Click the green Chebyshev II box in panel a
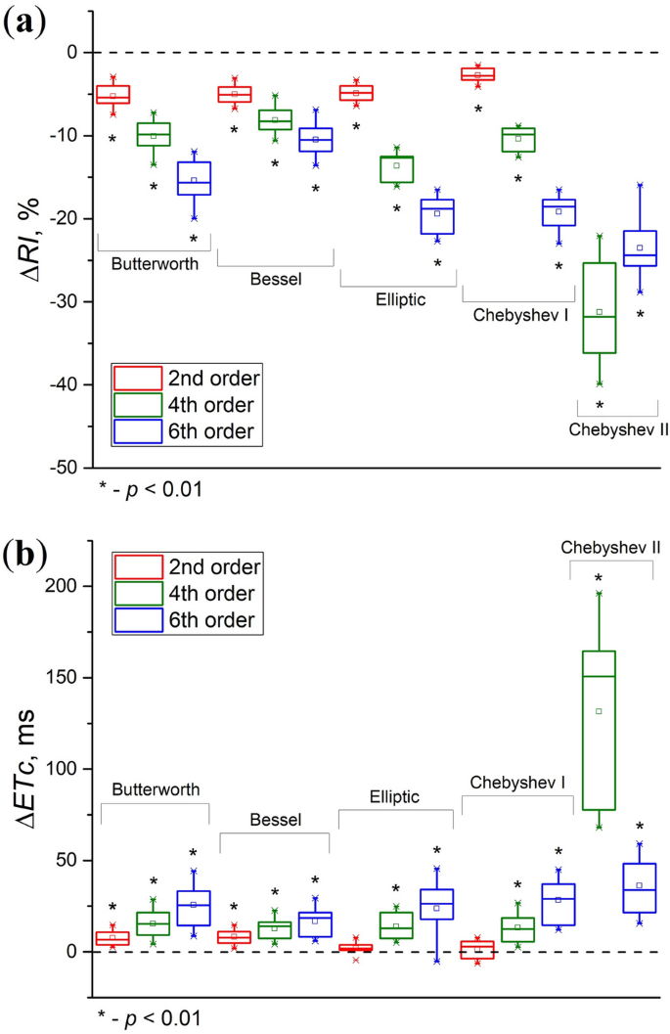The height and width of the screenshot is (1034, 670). click(600, 307)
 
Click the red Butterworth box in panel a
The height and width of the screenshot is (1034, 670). click(112, 94)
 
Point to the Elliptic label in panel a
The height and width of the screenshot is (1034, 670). click(399, 299)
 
